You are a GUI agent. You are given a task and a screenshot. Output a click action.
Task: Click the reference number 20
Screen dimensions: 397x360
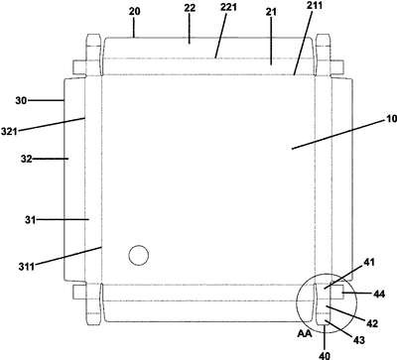click(135, 12)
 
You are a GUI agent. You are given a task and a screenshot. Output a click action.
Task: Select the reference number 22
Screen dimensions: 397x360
click(190, 8)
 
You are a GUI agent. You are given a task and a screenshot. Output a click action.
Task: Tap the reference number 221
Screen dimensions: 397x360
click(228, 7)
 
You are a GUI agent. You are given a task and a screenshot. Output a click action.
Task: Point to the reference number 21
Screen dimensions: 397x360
click(271, 12)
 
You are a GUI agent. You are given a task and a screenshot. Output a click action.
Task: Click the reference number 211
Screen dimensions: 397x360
click(314, 5)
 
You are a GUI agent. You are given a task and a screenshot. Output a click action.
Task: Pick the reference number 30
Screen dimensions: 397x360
click(21, 100)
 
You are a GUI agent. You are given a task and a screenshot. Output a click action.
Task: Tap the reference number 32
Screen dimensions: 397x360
click(27, 159)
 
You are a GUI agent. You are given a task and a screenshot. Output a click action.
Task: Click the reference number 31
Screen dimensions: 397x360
click(30, 219)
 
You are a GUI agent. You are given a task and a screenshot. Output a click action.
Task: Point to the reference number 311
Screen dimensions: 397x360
click(26, 266)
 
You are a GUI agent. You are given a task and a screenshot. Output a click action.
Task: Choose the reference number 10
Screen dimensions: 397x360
click(391, 119)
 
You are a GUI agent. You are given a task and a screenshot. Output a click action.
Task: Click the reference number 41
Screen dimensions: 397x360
click(369, 263)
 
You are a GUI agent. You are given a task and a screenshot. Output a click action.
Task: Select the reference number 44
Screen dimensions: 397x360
click(379, 294)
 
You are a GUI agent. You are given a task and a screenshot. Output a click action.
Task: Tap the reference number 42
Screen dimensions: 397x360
click(372, 323)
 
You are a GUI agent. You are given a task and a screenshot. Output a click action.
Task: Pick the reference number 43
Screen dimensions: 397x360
click(359, 339)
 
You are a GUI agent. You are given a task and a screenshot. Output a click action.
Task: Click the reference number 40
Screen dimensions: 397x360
click(325, 355)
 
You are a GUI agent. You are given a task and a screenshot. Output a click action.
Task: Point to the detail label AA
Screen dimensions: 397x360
click(305, 334)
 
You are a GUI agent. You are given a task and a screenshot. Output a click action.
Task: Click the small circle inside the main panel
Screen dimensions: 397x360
click(138, 255)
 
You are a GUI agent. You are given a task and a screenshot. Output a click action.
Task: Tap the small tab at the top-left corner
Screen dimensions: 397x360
click(79, 67)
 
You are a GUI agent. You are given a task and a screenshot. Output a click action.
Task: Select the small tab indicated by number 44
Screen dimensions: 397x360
click(336, 293)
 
